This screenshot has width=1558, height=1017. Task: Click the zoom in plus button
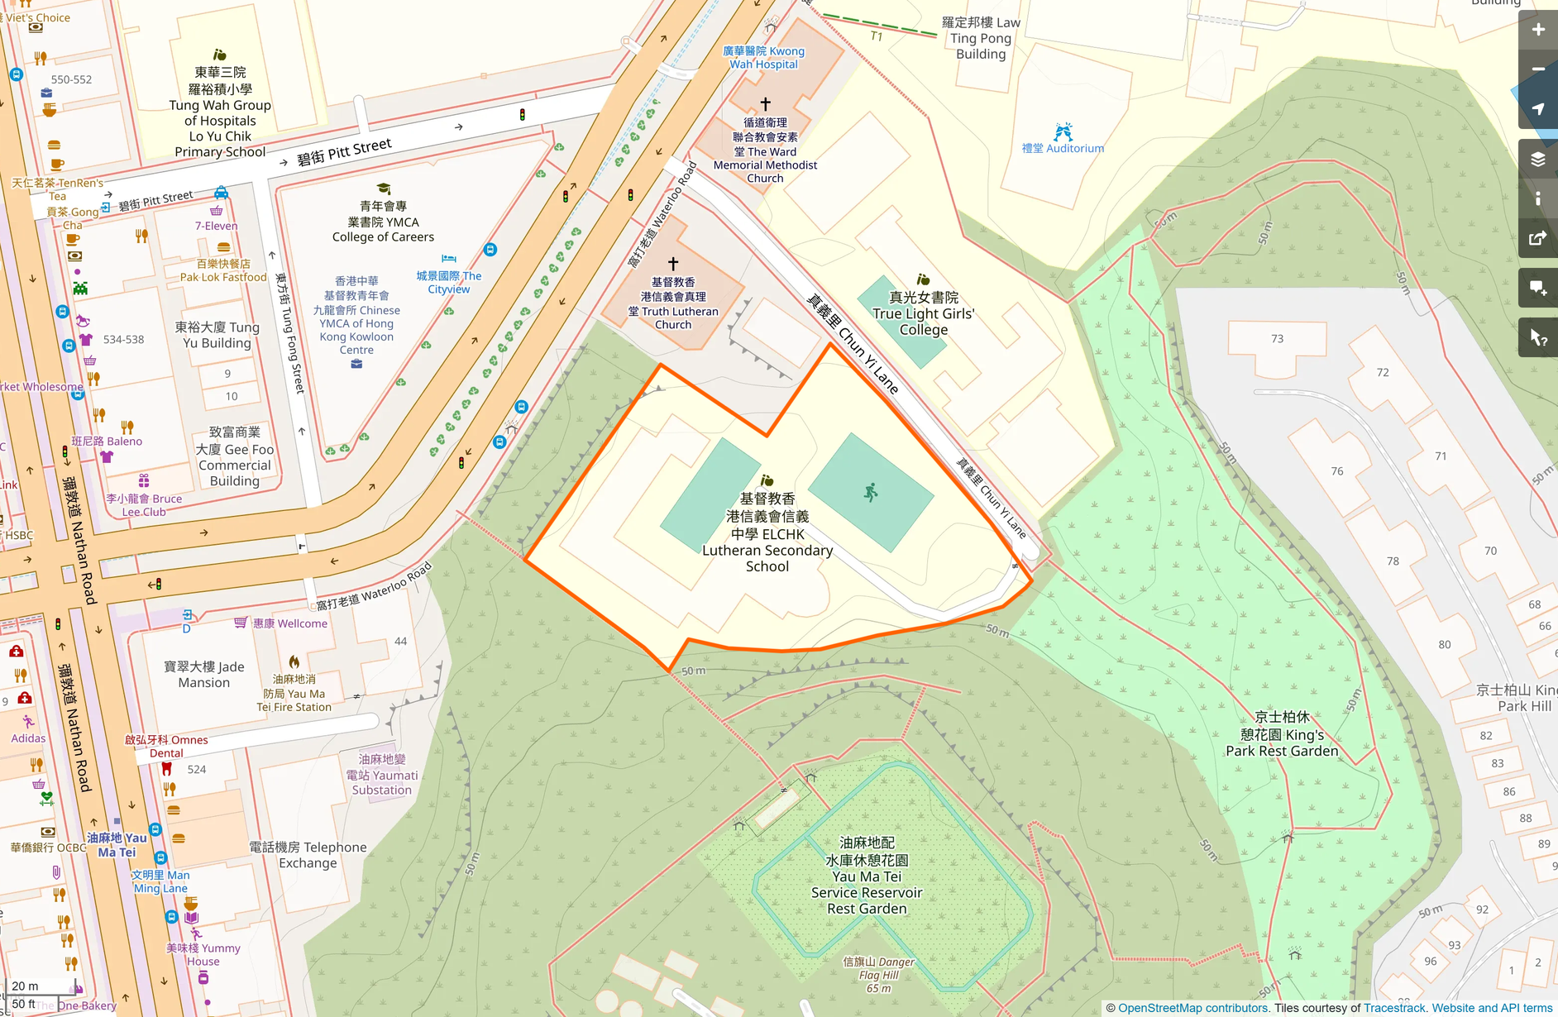point(1537,30)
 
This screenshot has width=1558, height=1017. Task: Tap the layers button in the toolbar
point(1537,159)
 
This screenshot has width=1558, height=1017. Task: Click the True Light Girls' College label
point(923,313)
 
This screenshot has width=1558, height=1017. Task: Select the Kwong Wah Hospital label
point(763,57)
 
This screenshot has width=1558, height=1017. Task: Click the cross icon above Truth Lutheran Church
point(673,264)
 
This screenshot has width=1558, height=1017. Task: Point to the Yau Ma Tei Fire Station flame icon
point(294,662)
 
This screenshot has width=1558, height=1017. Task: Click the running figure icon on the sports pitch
point(870,493)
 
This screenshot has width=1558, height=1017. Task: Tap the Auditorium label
point(1063,148)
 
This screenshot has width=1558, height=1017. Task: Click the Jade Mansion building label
point(203,674)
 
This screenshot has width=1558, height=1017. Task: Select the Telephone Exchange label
point(308,855)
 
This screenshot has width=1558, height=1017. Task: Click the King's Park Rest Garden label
point(1281,734)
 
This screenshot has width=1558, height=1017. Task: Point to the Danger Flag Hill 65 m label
point(878,975)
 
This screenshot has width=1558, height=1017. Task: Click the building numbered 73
point(1277,339)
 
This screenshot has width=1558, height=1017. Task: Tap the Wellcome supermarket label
point(289,623)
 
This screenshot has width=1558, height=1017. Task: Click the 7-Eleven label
point(216,226)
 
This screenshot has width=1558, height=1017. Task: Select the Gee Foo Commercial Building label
point(235,456)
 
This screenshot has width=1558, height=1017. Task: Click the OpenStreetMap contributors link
point(1192,1008)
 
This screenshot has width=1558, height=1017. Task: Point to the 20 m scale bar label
point(25,986)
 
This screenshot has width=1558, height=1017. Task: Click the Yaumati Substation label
point(381,775)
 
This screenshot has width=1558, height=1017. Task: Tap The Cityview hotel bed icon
point(448,259)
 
